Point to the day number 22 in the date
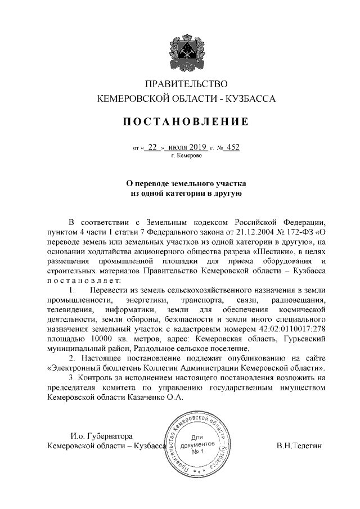pos(152,147)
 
